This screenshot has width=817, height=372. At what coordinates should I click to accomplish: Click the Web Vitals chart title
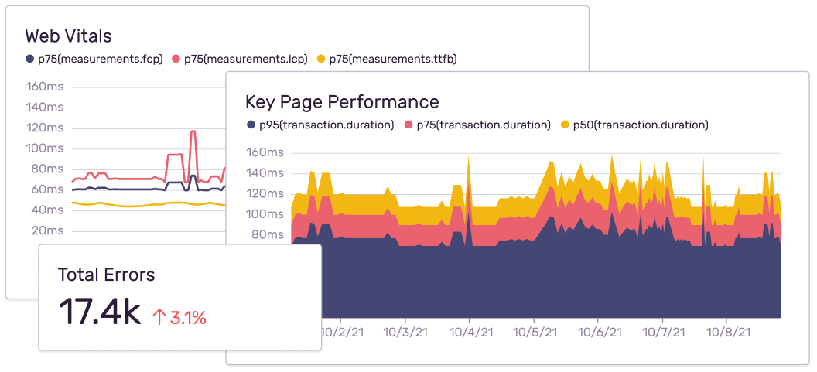pyautogui.click(x=68, y=36)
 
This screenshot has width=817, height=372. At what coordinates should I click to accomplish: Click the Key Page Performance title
pyautogui.click(x=342, y=101)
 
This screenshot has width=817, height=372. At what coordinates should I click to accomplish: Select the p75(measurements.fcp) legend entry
pyautogui.click(x=94, y=59)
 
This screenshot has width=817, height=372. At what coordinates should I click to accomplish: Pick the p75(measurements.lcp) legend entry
pyautogui.click(x=239, y=59)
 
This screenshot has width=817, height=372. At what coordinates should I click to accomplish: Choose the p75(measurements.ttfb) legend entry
pyautogui.click(x=386, y=59)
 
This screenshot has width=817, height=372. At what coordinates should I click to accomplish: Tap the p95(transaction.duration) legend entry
pyautogui.click(x=320, y=125)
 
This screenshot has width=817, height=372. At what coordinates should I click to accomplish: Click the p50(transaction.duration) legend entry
pyautogui.click(x=634, y=125)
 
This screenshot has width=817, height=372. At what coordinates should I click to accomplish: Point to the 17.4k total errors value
pyautogui.click(x=99, y=312)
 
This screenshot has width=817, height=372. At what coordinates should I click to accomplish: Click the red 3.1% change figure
pyautogui.click(x=188, y=317)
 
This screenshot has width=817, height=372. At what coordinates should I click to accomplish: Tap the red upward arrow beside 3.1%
pyautogui.click(x=159, y=317)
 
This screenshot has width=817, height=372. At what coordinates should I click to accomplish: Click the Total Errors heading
pyautogui.click(x=106, y=275)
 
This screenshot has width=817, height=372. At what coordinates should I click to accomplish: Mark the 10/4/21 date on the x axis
pyautogui.click(x=470, y=332)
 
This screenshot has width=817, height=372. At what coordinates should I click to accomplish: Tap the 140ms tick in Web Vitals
pyautogui.click(x=45, y=108)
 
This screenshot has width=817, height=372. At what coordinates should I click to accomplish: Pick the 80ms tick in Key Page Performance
pyautogui.click(x=265, y=234)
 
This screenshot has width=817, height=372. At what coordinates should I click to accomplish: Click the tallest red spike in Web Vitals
pyautogui.click(x=193, y=133)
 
